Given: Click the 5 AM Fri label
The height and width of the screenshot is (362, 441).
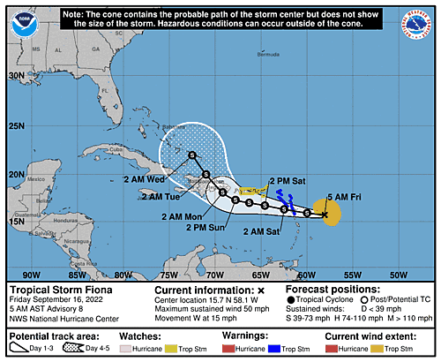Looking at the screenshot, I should pos(342,196).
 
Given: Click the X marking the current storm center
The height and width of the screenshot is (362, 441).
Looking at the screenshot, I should pos(325,214).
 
